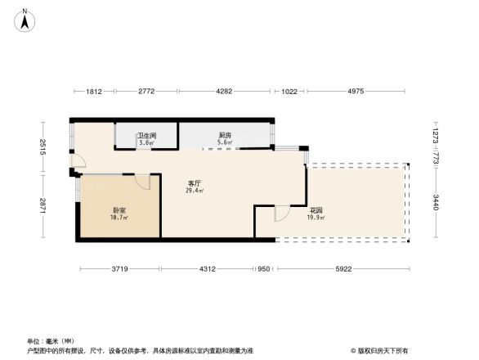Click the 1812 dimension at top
94,92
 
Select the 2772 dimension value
146,92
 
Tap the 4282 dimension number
225,92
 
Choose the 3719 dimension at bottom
119,269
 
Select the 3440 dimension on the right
436,201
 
